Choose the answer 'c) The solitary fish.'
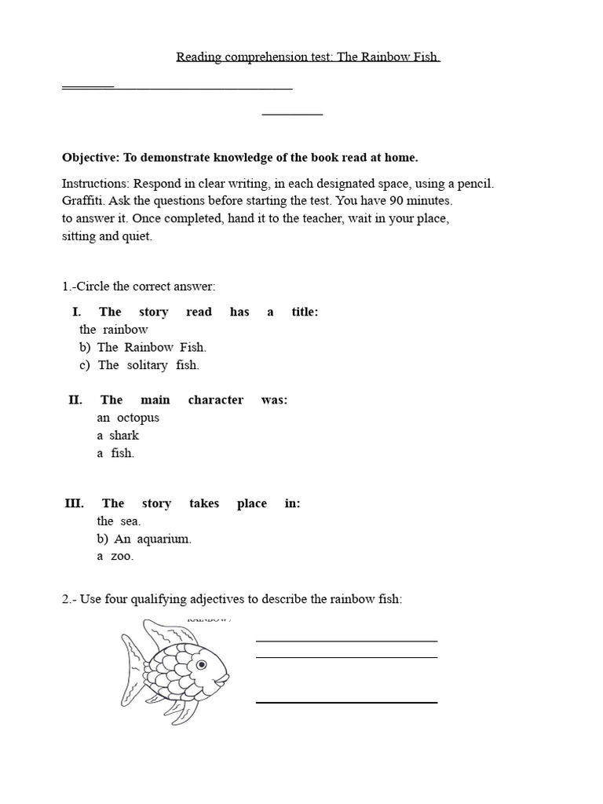tap(138, 365)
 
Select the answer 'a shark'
tap(118, 436)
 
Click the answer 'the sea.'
tap(119, 521)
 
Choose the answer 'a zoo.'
tap(115, 557)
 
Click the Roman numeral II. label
tap(75, 400)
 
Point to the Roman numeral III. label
tap(75, 504)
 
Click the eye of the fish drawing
tap(203, 664)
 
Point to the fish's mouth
tap(227, 676)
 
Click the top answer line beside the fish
tap(346, 641)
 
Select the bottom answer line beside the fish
tap(346, 702)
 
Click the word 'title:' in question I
tap(305, 312)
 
